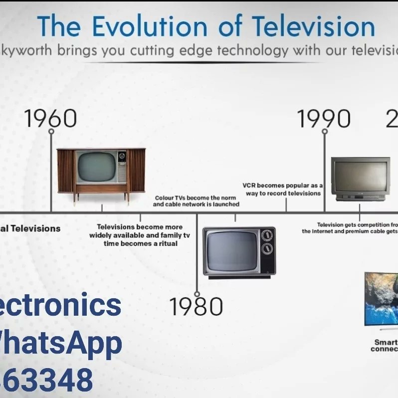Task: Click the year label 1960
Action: [51, 118]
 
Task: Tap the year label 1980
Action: [196, 307]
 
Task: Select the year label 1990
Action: [324, 119]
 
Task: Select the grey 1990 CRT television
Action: [360, 179]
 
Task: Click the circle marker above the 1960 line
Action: [51, 132]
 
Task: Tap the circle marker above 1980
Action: [197, 294]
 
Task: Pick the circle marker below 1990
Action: [324, 132]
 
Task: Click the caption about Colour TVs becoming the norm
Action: [196, 201]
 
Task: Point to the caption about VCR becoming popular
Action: [283, 189]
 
